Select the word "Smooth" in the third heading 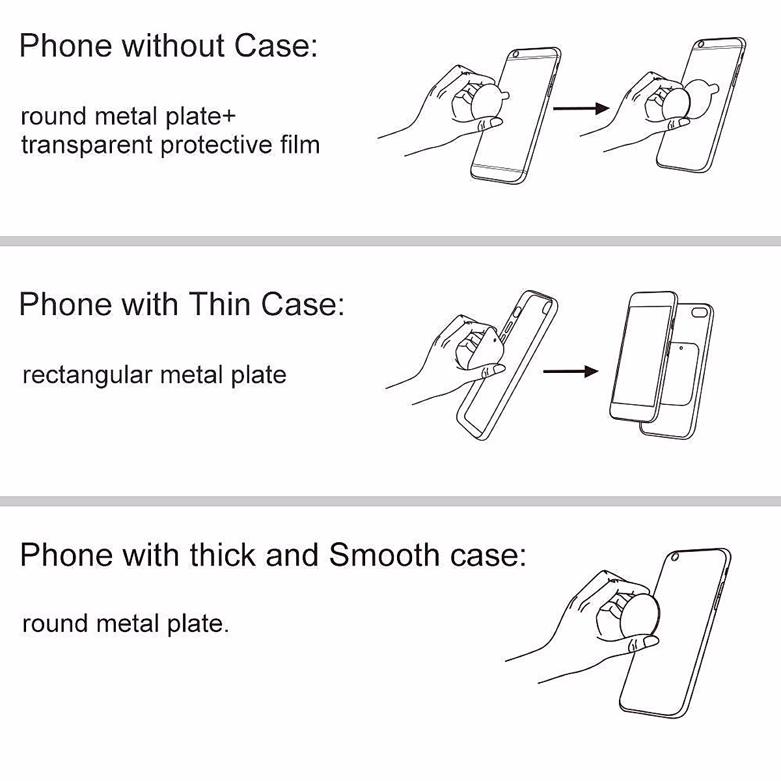(384, 555)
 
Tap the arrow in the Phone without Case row (580, 108)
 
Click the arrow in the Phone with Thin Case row (570, 372)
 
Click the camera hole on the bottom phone (675, 556)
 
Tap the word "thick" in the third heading (223, 555)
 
